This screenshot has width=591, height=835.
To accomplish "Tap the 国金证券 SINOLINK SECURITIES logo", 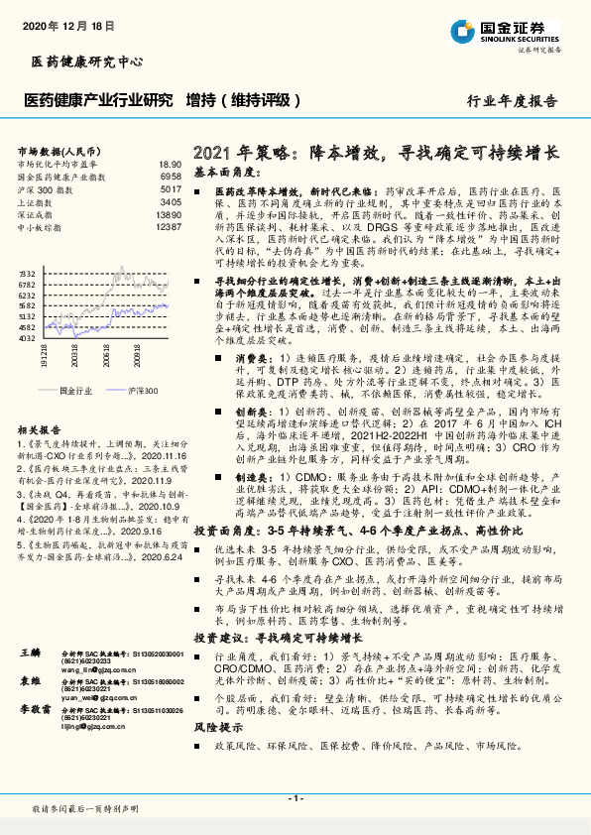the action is pos(507,31).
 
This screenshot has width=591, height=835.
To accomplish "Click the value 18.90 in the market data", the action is pos(170,165).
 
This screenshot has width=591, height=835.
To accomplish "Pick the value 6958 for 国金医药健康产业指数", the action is pos(170,177).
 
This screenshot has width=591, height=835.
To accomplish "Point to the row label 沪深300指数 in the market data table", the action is pos(45,188).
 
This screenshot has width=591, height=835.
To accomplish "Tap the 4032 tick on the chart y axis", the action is pos(28,337).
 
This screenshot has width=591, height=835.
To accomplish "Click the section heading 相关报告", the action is pos(39,430).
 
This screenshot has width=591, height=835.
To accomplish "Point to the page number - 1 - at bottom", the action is pos(295,798).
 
